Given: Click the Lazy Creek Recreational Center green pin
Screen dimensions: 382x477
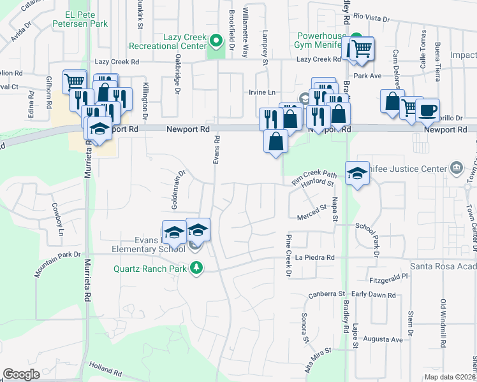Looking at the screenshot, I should (216, 42).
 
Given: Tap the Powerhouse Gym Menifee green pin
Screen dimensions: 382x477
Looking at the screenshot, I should (357, 38).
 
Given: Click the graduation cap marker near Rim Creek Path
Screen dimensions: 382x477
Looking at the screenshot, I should (357, 173).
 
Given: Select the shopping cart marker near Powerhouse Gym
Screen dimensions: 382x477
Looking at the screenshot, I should (362, 48).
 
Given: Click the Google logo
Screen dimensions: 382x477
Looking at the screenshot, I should (22, 374).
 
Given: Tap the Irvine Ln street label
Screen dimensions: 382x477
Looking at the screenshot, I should (262, 92).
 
